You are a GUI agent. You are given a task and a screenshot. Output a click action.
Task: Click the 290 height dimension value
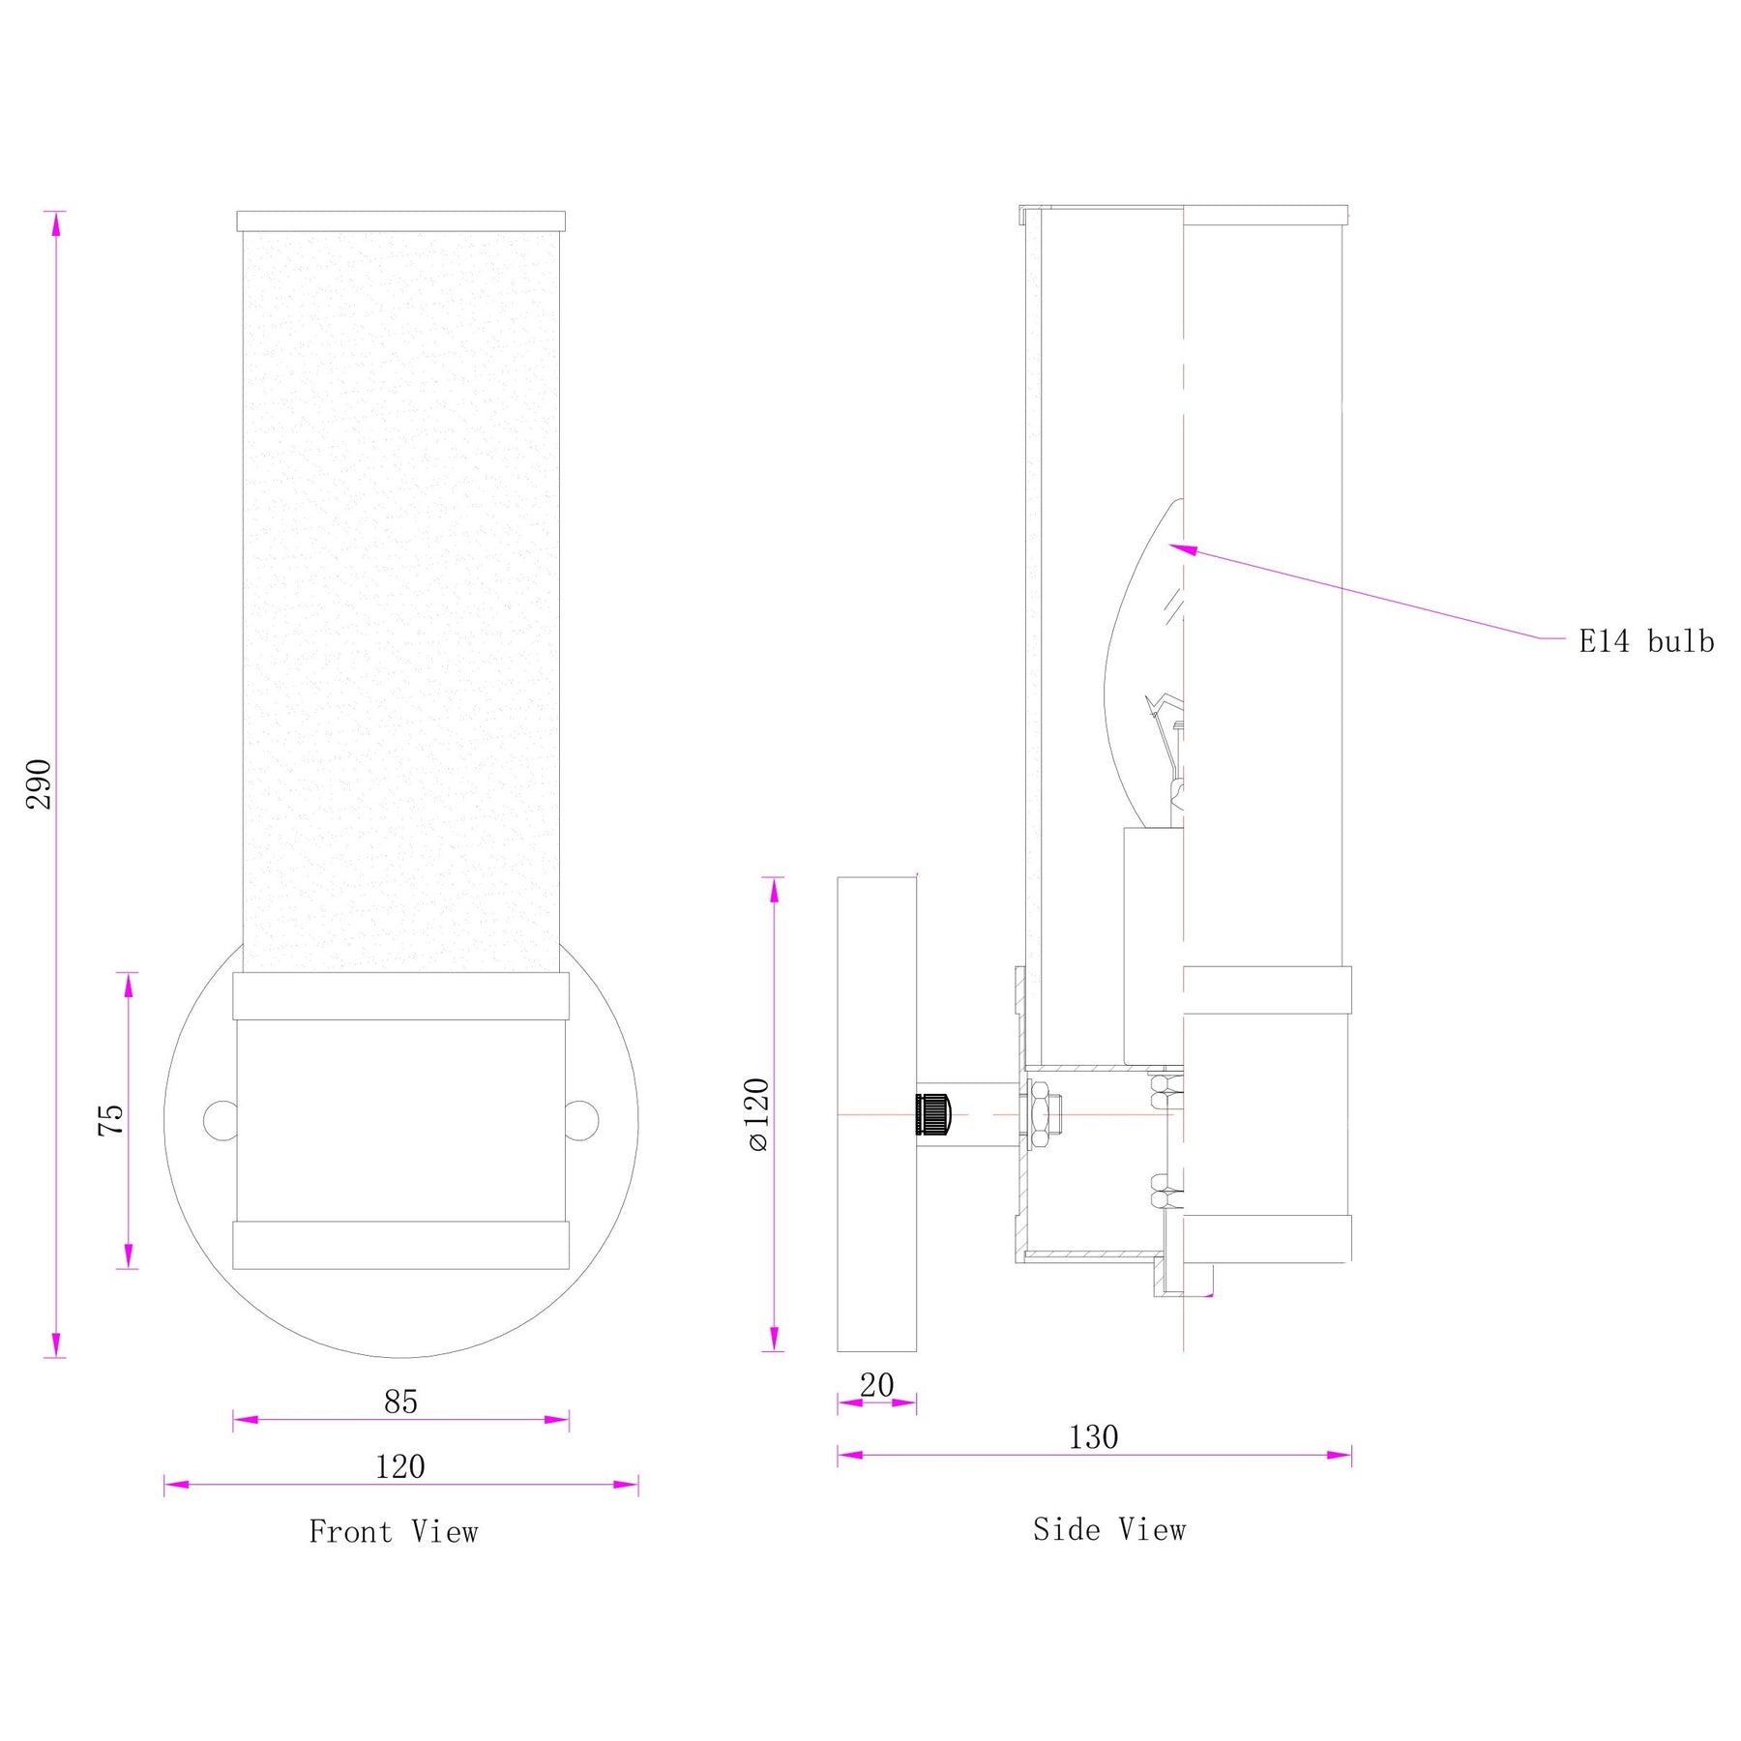[x=39, y=783]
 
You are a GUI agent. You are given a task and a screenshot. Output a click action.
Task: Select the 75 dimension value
[x=111, y=1119]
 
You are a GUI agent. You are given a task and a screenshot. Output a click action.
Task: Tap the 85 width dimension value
[x=400, y=1402]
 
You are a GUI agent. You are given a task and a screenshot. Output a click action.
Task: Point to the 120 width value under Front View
[x=400, y=1466]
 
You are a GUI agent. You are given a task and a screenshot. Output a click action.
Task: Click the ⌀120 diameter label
[x=757, y=1114]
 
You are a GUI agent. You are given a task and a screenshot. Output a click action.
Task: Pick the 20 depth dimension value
[x=876, y=1385]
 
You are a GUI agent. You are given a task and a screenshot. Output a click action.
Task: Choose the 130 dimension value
[x=1093, y=1437]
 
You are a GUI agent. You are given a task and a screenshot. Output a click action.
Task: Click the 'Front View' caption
[x=394, y=1531]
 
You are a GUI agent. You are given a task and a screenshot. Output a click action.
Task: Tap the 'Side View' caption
[x=1109, y=1529]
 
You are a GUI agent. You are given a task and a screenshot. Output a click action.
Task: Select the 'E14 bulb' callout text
[x=1646, y=641]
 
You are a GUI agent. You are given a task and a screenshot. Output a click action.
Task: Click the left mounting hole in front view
[x=221, y=1120]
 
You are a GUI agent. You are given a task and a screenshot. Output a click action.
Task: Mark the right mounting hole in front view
[x=582, y=1120]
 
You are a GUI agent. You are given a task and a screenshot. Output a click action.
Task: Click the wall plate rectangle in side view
[x=876, y=1114]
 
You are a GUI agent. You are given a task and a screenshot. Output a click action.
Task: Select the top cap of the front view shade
[x=401, y=221]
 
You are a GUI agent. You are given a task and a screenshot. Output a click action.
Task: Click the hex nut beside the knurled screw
[x=1041, y=1114]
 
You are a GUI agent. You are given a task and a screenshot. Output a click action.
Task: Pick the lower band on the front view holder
[x=400, y=1245]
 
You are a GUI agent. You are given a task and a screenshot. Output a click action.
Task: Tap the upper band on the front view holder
[x=400, y=996]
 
